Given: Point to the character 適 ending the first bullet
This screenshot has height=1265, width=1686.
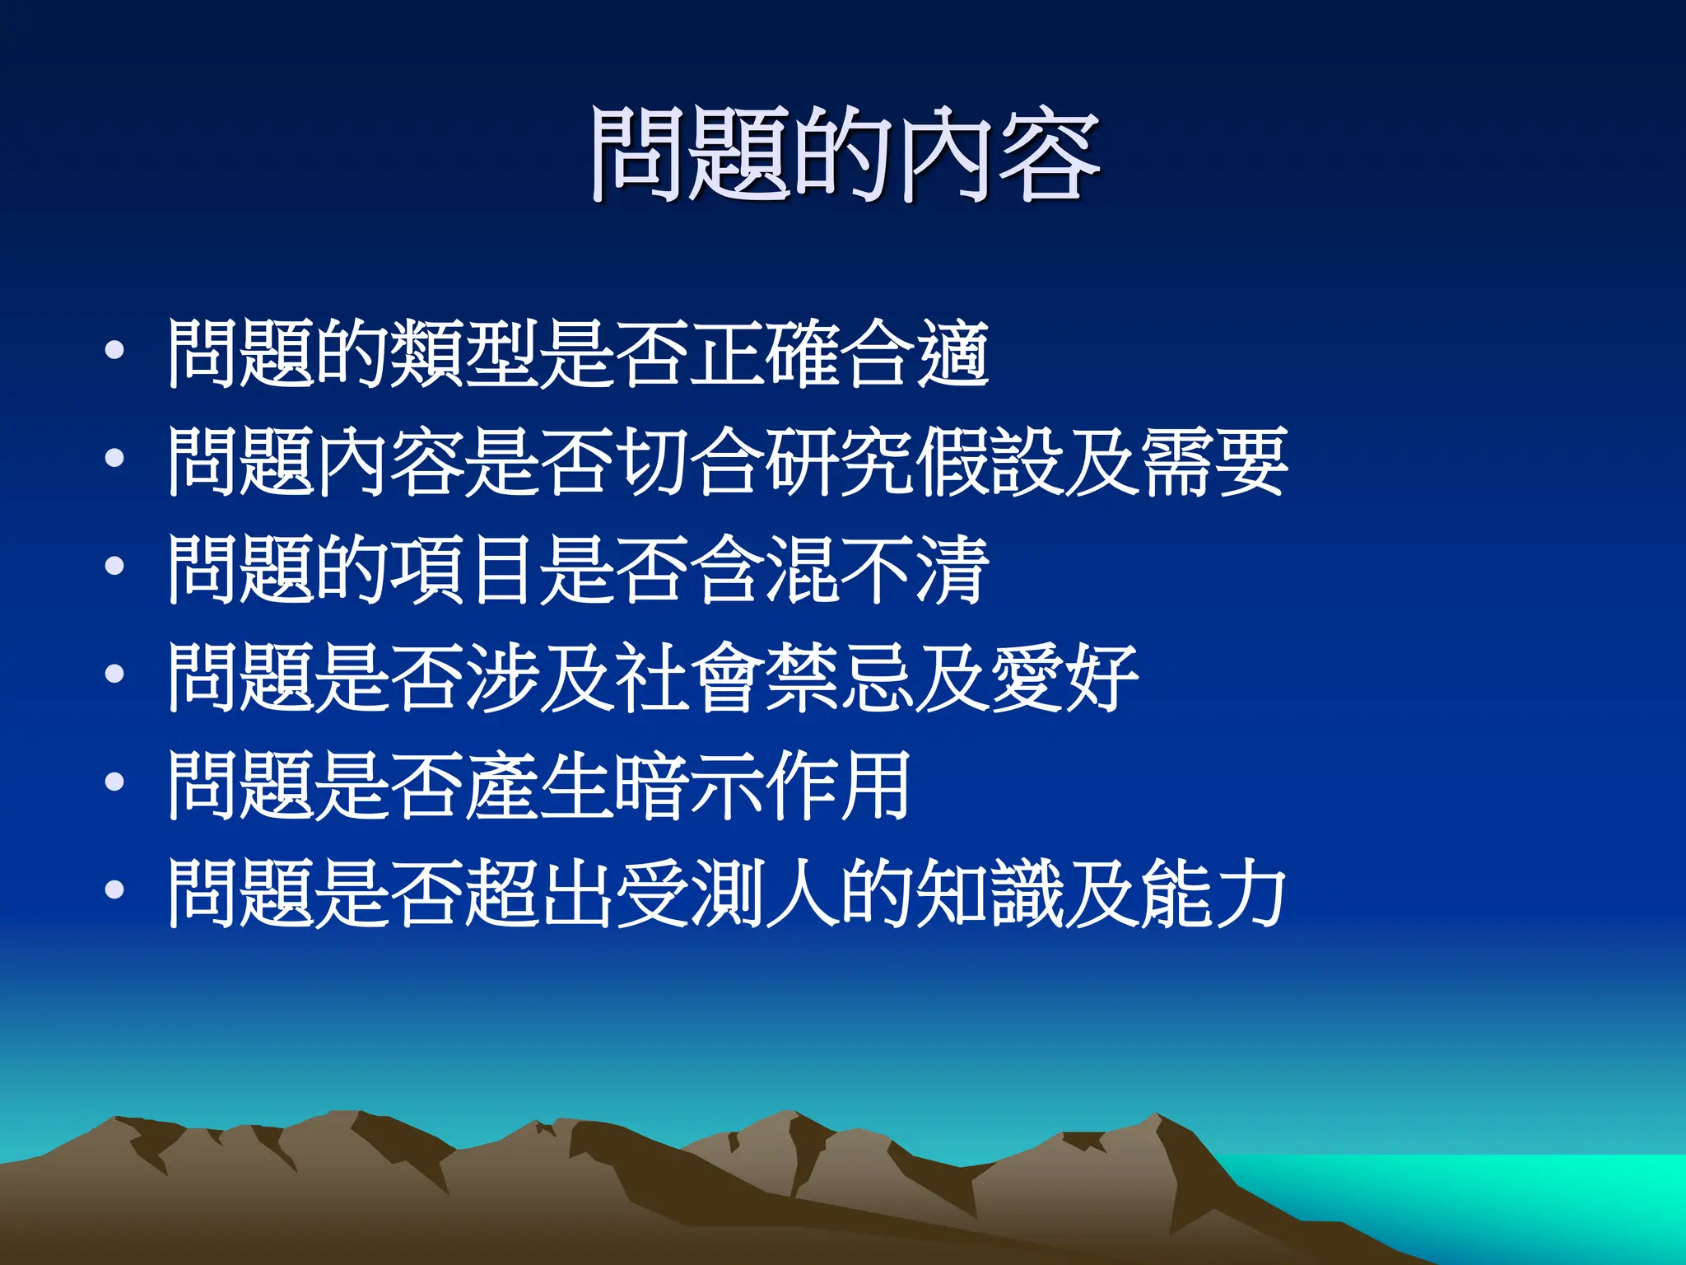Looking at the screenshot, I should pos(952,354).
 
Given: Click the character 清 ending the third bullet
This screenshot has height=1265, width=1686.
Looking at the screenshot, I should pos(952,570).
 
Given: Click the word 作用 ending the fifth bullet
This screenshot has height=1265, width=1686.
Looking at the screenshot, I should pos(840,786).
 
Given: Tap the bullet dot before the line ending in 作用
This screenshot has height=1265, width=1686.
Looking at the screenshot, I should pos(114,782).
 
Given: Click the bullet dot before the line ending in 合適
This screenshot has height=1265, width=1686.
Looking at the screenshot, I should pos(114,351).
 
